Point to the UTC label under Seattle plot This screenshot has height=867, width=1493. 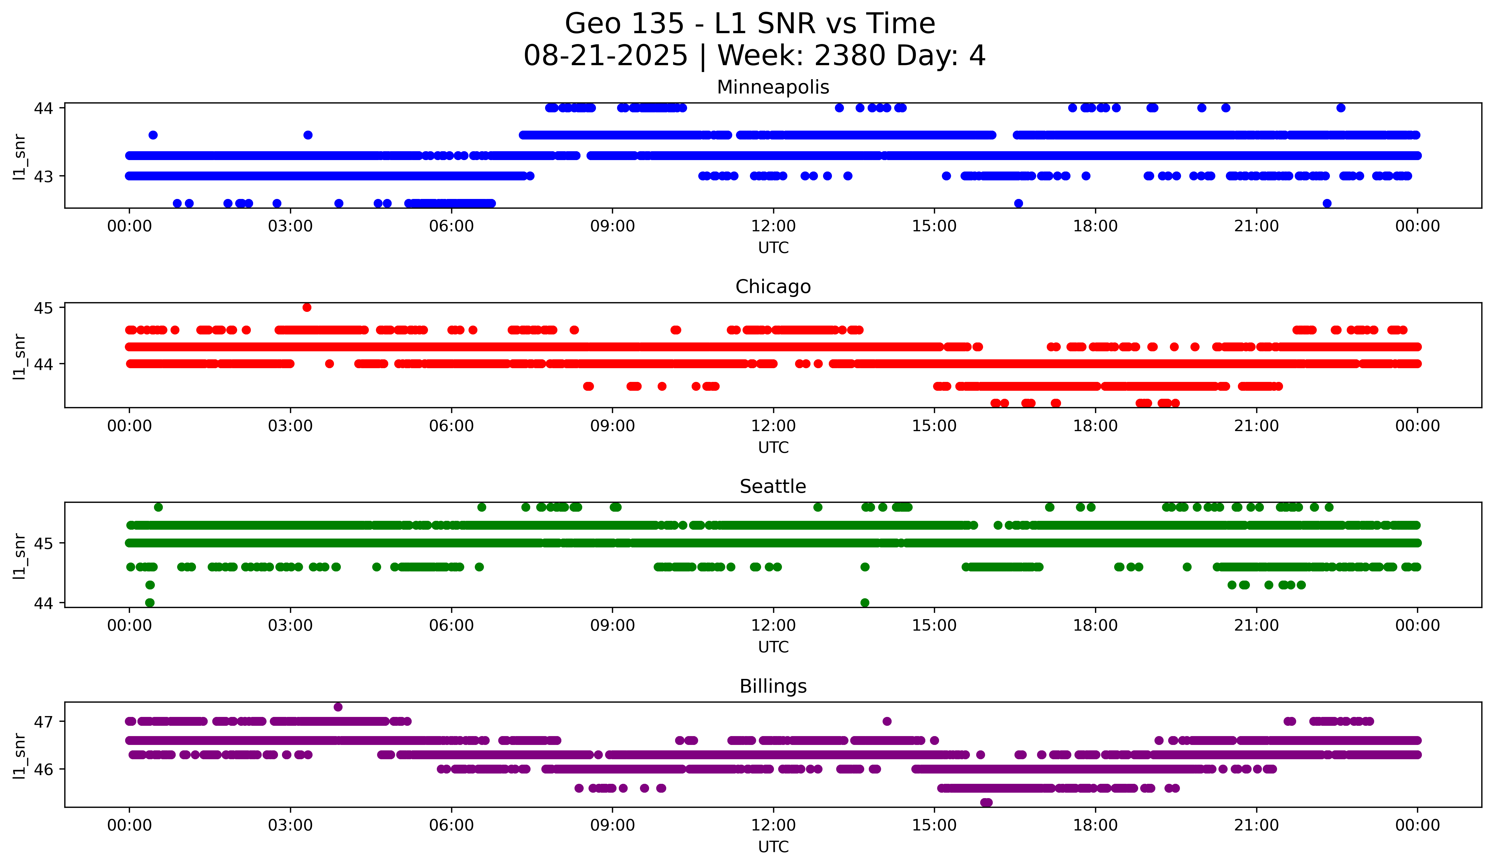pos(773,647)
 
